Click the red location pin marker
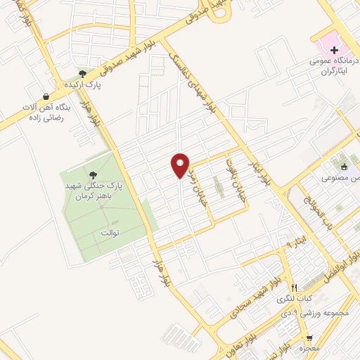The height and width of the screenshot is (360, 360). tap(180, 165)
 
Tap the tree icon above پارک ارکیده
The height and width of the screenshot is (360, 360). tap(82, 73)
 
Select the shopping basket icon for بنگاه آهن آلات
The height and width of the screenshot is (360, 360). tap(46, 97)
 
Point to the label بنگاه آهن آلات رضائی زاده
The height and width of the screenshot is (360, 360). tap(46, 113)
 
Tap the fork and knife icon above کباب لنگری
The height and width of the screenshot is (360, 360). tap(295, 288)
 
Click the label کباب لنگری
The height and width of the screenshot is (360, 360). tap(295, 300)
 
